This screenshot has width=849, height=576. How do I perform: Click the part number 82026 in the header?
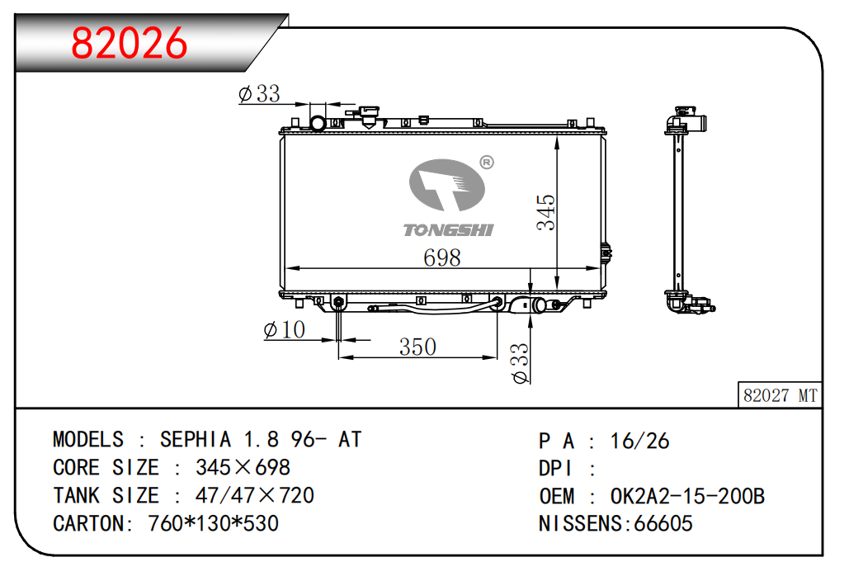pos(130,44)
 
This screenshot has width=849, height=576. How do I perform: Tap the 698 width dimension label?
pos(441,257)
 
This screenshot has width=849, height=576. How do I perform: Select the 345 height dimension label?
pos(545,212)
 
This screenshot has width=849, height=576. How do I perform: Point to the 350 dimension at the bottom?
pos(417,347)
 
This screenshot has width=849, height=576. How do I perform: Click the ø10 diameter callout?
pos(284,330)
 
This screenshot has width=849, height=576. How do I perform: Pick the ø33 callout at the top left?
pos(259,94)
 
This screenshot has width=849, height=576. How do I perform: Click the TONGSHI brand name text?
pos(448,229)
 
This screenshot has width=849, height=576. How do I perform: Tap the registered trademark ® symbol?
pos(486,163)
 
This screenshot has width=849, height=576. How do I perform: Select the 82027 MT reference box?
pos(779,395)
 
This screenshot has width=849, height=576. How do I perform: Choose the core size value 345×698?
pos(243,467)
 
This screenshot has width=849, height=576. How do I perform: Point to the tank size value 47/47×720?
pos(254,495)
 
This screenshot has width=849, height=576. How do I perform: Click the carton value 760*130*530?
pos(213,523)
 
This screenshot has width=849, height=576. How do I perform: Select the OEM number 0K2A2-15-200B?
pos(687,496)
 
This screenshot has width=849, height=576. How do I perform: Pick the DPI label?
pos(557,469)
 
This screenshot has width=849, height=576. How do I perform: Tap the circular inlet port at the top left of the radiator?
pos(317,124)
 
